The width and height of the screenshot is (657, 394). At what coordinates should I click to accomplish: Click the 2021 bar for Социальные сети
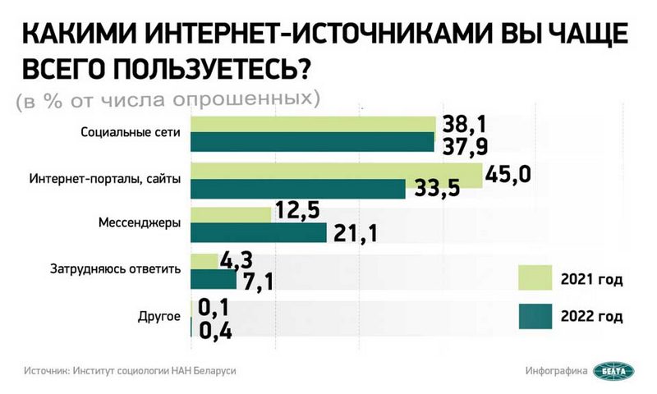(x=312, y=124)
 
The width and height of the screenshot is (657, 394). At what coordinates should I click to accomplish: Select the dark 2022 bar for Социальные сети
(x=312, y=143)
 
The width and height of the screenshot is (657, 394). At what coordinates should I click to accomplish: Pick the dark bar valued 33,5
(x=297, y=190)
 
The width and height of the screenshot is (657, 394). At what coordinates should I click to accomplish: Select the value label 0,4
(x=215, y=331)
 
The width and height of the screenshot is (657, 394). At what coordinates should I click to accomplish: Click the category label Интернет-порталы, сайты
(x=104, y=178)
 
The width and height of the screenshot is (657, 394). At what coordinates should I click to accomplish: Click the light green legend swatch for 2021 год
(x=535, y=279)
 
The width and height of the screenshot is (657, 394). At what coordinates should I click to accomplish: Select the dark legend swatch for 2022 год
(x=535, y=315)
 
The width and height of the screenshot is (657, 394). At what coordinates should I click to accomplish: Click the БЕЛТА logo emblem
(x=615, y=372)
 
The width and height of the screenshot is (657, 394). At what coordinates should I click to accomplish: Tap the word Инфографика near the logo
(x=556, y=371)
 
